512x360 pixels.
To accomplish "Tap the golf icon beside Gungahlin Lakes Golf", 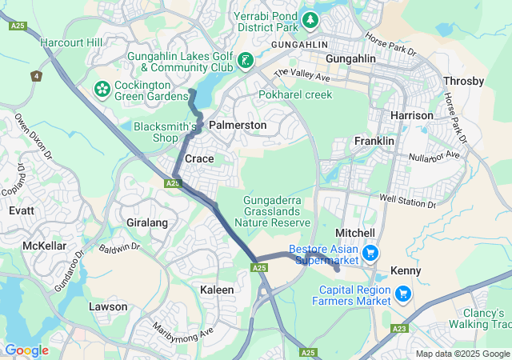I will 245,60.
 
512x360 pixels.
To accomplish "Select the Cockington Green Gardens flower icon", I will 102,87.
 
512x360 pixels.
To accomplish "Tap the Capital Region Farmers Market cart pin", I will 403,294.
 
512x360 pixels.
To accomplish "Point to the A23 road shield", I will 400,329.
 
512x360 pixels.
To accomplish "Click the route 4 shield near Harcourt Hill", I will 36,76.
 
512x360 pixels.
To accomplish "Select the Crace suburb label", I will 199,159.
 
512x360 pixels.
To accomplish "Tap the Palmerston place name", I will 237,126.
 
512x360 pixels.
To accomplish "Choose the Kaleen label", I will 217,289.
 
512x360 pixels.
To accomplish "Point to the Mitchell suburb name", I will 355,231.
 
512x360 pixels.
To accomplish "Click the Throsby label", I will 463,82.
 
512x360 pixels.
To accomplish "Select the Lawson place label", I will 108,306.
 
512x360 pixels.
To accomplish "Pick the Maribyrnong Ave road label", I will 185,330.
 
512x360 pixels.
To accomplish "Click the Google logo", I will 26,350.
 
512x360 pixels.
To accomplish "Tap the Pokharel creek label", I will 294,94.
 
